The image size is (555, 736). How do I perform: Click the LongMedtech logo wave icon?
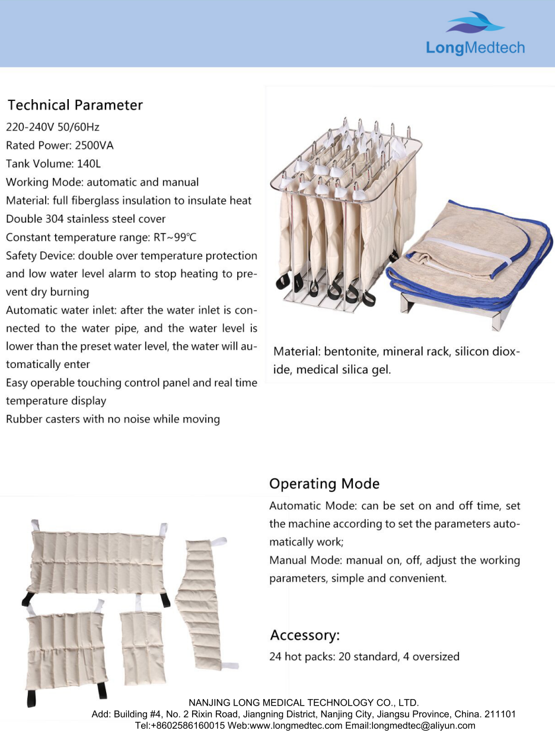(475, 24)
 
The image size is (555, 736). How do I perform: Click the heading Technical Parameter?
(75, 106)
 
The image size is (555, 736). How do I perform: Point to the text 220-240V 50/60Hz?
(53, 127)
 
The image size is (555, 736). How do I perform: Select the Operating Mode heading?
(324, 484)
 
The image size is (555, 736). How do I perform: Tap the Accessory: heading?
(305, 636)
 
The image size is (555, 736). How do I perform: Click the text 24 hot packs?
(301, 656)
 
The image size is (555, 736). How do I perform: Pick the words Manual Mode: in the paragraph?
(305, 560)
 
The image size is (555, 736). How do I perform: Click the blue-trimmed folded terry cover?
(468, 255)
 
